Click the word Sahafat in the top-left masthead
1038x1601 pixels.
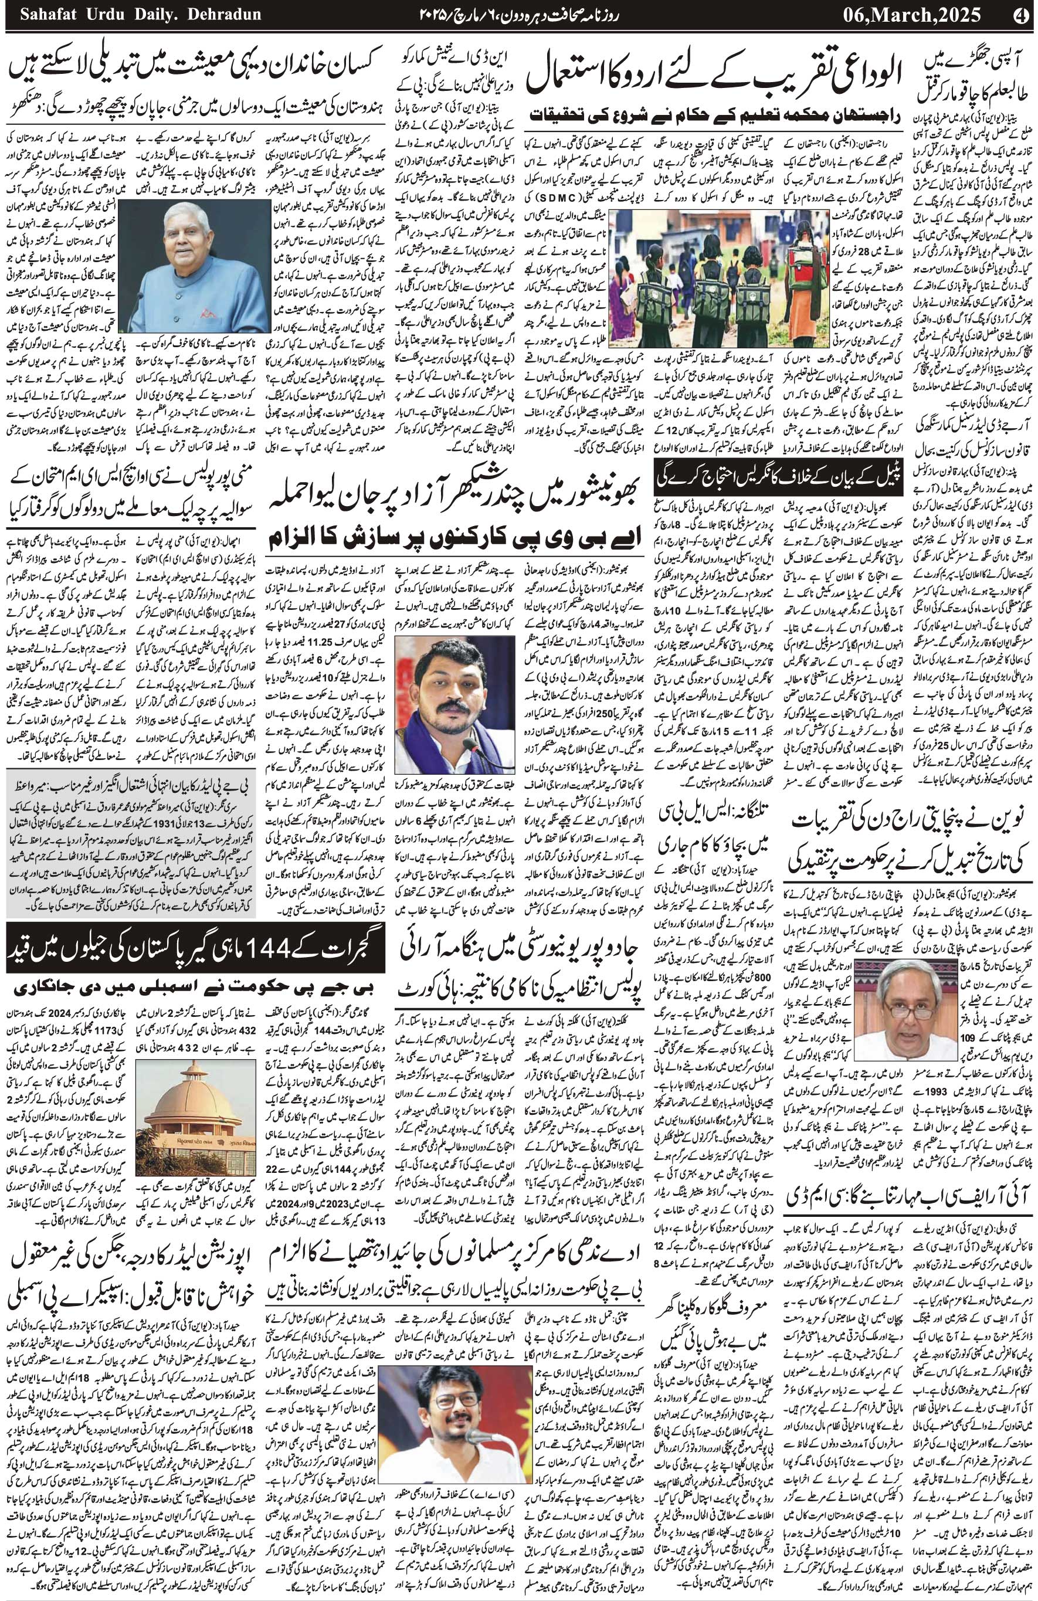[41, 14]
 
